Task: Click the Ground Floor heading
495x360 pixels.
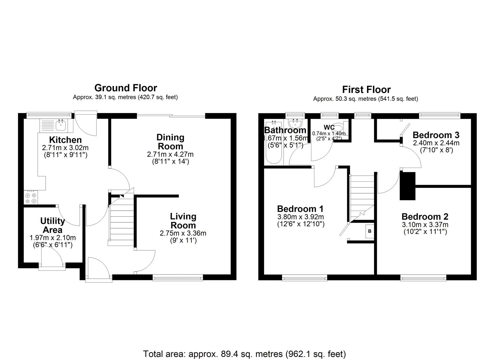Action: pyautogui.click(x=126, y=88)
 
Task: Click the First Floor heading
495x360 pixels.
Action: pyautogui.click(x=366, y=90)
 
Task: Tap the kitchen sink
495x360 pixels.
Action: pyautogui.click(x=61, y=126)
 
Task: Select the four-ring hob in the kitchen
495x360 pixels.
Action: pyautogui.click(x=31, y=197)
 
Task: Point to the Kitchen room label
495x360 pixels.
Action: pyautogui.click(x=65, y=140)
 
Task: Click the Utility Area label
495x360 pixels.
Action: pyautogui.click(x=52, y=225)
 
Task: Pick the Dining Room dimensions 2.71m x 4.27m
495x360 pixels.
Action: pyautogui.click(x=170, y=155)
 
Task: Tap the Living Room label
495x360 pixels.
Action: pyautogui.click(x=183, y=220)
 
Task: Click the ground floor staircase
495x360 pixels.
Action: pyautogui.click(x=122, y=220)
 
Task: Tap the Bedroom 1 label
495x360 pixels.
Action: pyautogui.click(x=300, y=209)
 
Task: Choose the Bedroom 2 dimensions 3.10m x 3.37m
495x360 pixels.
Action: pyautogui.click(x=425, y=225)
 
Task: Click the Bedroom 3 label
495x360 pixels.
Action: pyautogui.click(x=436, y=135)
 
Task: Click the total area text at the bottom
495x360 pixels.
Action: pyautogui.click(x=244, y=354)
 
